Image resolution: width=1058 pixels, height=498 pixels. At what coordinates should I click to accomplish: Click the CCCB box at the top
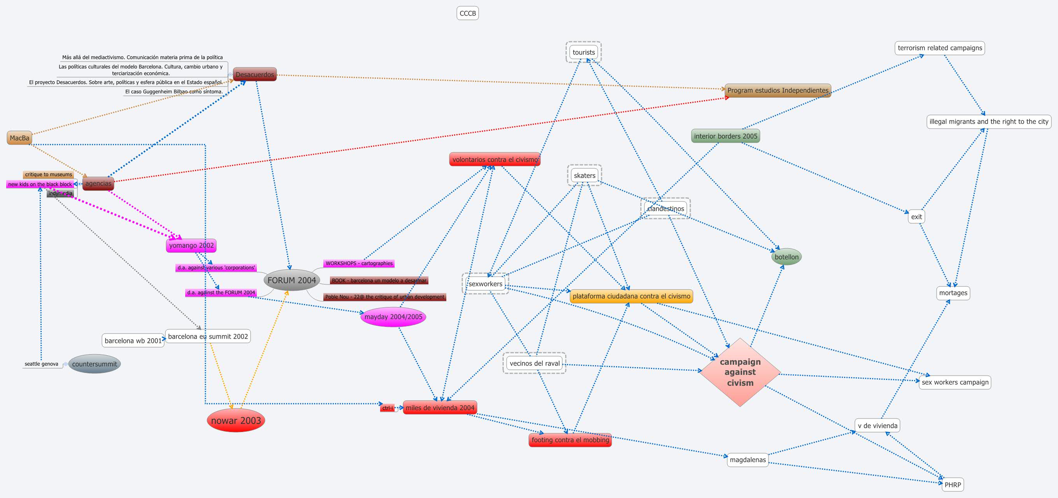[467, 13]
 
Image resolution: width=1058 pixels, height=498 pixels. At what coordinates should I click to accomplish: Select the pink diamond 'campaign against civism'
[740, 372]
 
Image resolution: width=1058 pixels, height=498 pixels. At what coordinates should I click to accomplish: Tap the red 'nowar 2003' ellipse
[236, 420]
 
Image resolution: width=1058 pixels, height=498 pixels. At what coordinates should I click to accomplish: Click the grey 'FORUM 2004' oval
[291, 280]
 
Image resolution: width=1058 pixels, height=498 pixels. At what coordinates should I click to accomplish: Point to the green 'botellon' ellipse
[786, 257]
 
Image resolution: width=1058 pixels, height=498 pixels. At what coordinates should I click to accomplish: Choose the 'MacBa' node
[19, 138]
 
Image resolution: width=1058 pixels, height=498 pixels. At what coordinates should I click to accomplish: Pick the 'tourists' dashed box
[584, 52]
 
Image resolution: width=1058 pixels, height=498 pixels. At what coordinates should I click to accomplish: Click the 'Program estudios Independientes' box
[777, 90]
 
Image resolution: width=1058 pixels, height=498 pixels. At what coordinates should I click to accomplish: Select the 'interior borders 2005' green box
[725, 136]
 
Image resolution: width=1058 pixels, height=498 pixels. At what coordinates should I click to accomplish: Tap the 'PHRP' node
[953, 484]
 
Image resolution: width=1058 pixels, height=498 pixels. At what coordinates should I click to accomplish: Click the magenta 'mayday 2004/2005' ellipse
[393, 317]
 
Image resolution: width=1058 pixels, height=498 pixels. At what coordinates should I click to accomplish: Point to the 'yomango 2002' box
[191, 245]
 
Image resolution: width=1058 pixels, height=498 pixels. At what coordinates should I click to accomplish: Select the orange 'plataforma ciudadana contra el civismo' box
[631, 296]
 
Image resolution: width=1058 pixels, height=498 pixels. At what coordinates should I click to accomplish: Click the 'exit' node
[916, 217]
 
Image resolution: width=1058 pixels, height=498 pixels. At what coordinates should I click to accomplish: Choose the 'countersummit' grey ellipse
[95, 364]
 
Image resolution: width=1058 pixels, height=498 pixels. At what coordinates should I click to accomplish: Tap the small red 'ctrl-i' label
[388, 408]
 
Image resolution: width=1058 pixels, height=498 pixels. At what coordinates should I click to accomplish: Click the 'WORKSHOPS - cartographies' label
[359, 263]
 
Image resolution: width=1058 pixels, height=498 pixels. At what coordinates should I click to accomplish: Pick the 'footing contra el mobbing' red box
[570, 440]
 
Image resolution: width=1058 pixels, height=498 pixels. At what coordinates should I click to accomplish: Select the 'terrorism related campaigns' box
[940, 48]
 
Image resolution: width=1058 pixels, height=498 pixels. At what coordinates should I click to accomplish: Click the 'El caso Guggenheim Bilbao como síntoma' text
[174, 92]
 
